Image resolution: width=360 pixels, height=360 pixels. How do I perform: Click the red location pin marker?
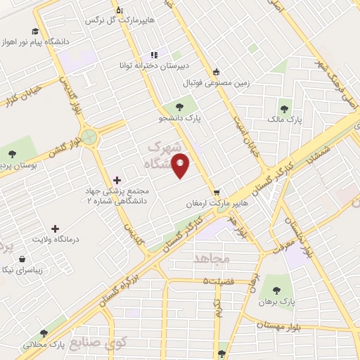pos(181,166)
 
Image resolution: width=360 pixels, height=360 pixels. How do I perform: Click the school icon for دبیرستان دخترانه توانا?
pos(154,56)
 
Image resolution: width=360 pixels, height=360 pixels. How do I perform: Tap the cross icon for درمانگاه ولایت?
pos(56,228)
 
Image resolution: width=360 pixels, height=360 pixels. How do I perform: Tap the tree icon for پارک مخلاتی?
pos(44,333)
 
